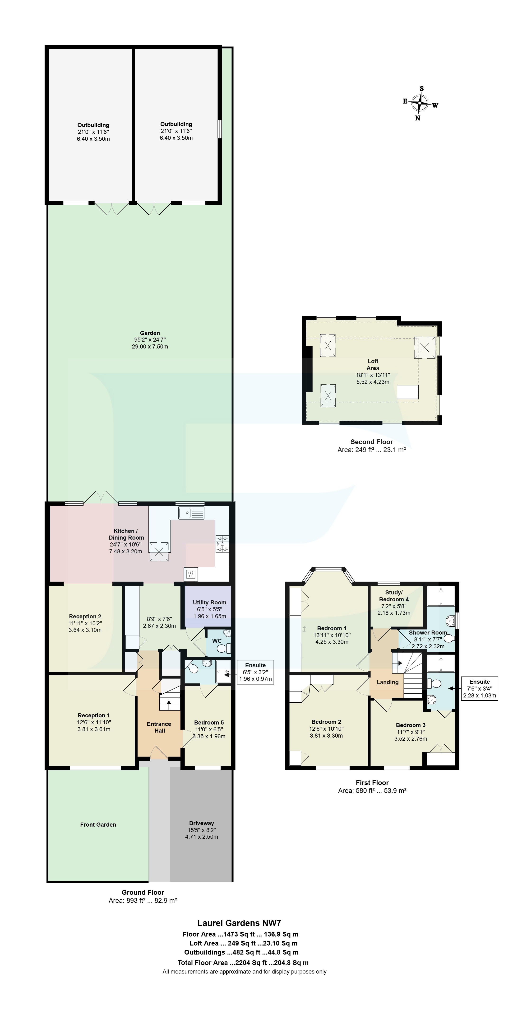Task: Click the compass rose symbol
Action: pos(419,104)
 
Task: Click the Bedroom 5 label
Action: pos(209,722)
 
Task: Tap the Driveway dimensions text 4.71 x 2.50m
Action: pos(202,837)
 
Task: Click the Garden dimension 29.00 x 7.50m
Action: pos(150,346)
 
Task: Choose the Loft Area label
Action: pos(373,365)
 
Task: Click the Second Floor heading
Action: pos(371,442)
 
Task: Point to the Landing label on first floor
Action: pos(387,682)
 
